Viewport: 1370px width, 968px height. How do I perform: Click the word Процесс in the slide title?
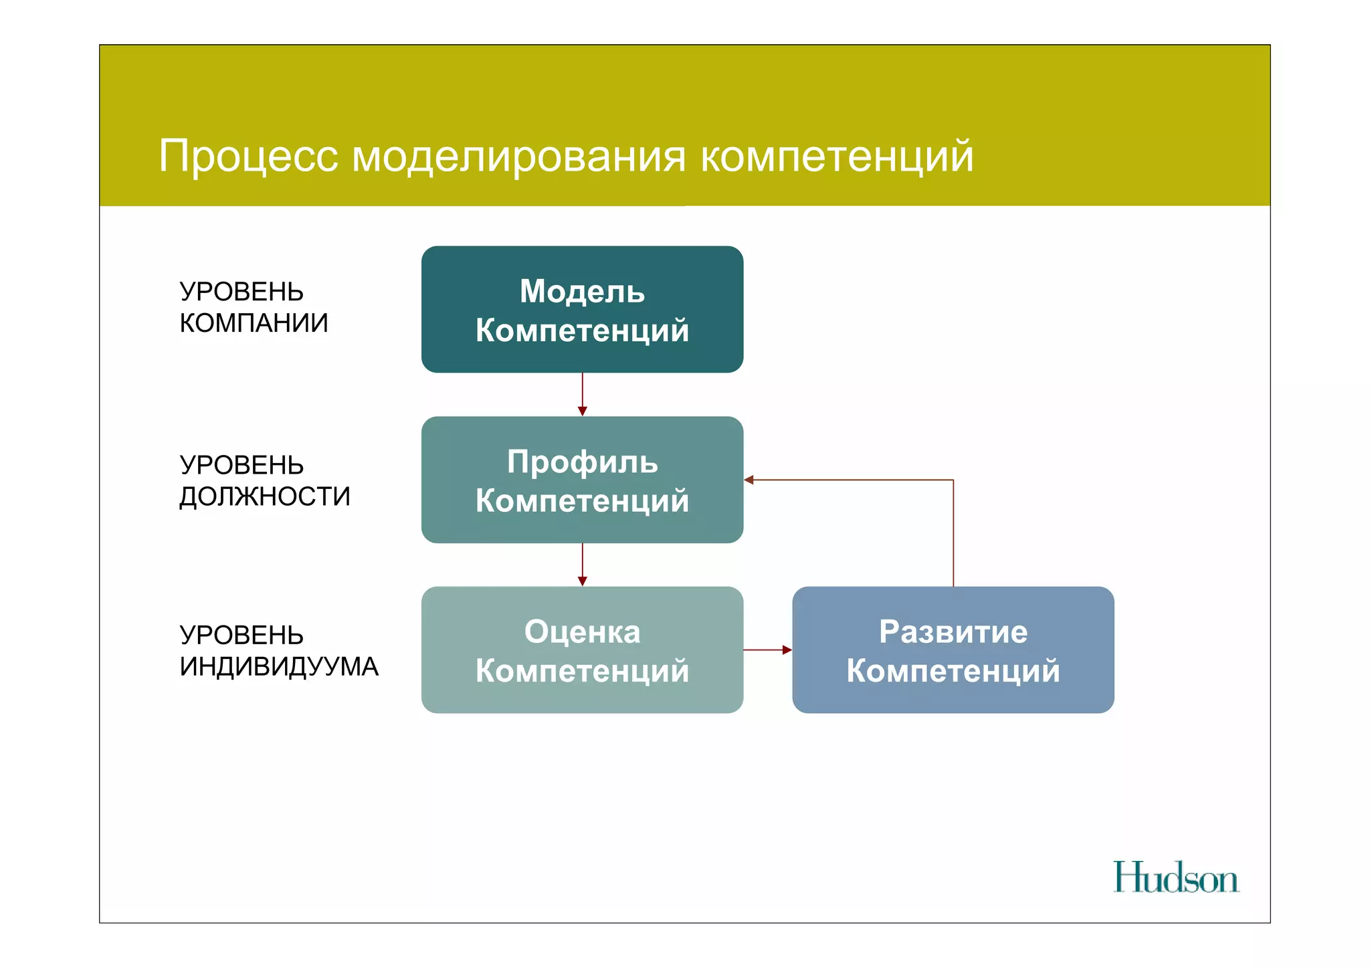248,157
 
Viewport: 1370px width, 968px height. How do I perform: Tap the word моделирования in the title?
518,157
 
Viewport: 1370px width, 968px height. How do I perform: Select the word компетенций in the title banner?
836,157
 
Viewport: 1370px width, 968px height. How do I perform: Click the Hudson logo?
1175,878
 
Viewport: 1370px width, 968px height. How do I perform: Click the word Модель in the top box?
582,292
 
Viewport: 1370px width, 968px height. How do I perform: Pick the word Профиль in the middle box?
582,462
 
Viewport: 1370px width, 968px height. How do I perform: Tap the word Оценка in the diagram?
582,632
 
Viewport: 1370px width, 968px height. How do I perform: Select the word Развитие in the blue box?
953,632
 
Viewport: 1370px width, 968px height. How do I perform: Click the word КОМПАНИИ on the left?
254,323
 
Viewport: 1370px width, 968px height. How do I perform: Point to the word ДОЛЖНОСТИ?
264,496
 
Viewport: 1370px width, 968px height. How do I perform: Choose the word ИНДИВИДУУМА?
279,666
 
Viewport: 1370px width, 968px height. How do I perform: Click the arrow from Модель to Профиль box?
582,394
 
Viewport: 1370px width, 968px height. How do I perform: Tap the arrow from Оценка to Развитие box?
767,650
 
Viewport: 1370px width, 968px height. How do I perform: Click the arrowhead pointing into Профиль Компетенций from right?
749,480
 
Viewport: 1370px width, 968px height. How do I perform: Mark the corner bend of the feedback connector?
953,480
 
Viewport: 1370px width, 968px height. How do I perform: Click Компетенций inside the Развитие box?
953,671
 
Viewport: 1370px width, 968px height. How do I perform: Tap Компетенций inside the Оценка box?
582,671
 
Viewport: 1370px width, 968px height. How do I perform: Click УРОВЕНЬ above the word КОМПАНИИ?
241,292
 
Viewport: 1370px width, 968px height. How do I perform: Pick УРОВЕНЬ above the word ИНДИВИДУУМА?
241,635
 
